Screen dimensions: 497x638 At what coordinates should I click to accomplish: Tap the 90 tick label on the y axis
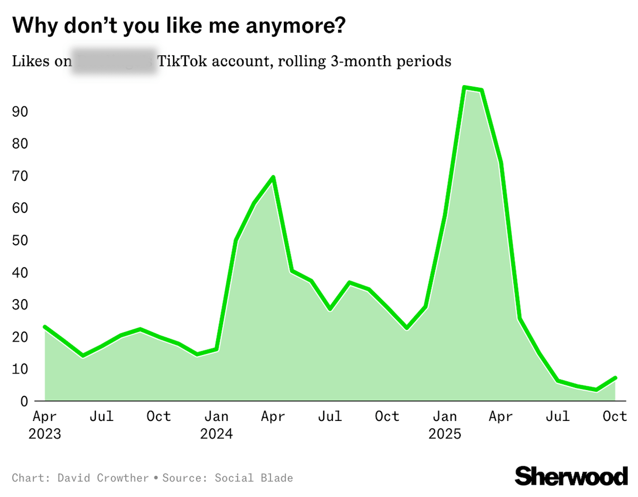[20, 112]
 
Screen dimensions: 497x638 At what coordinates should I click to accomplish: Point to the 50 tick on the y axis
[20, 241]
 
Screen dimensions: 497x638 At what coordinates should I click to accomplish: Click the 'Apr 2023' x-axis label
[45, 424]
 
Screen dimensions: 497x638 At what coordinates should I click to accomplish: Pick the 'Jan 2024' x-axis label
[216, 424]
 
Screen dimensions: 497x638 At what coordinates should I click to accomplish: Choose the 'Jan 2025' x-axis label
[445, 424]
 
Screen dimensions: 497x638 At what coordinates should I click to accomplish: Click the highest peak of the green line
[465, 87]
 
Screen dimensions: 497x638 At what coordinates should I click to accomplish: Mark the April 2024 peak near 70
[273, 177]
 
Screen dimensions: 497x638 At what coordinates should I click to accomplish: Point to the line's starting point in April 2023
[45, 327]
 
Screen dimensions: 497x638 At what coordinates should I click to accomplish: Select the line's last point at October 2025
[616, 378]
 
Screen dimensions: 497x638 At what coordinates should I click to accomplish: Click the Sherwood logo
[571, 475]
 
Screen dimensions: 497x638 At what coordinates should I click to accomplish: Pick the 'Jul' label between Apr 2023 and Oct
[101, 416]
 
